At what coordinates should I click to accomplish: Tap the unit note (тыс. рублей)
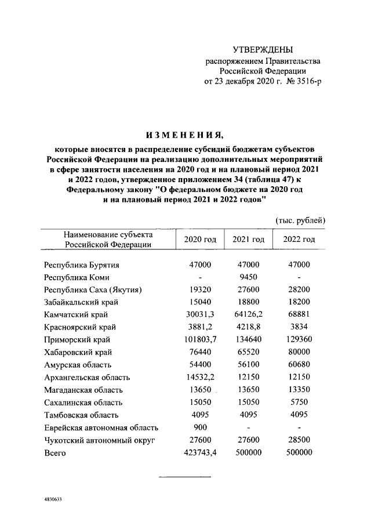299,220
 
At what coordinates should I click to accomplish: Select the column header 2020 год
199,239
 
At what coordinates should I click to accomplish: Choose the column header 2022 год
299,239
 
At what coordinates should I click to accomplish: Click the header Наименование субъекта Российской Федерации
108,239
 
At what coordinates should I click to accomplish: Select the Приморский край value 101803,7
199,340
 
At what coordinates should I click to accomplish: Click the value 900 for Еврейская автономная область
199,428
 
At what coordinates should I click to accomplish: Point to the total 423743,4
199,454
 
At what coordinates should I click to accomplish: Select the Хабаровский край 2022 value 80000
299,352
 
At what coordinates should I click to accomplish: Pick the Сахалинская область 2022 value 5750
299,403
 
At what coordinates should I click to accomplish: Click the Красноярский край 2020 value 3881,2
199,327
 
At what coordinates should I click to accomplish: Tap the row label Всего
56,454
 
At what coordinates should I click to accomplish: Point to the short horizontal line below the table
185,477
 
